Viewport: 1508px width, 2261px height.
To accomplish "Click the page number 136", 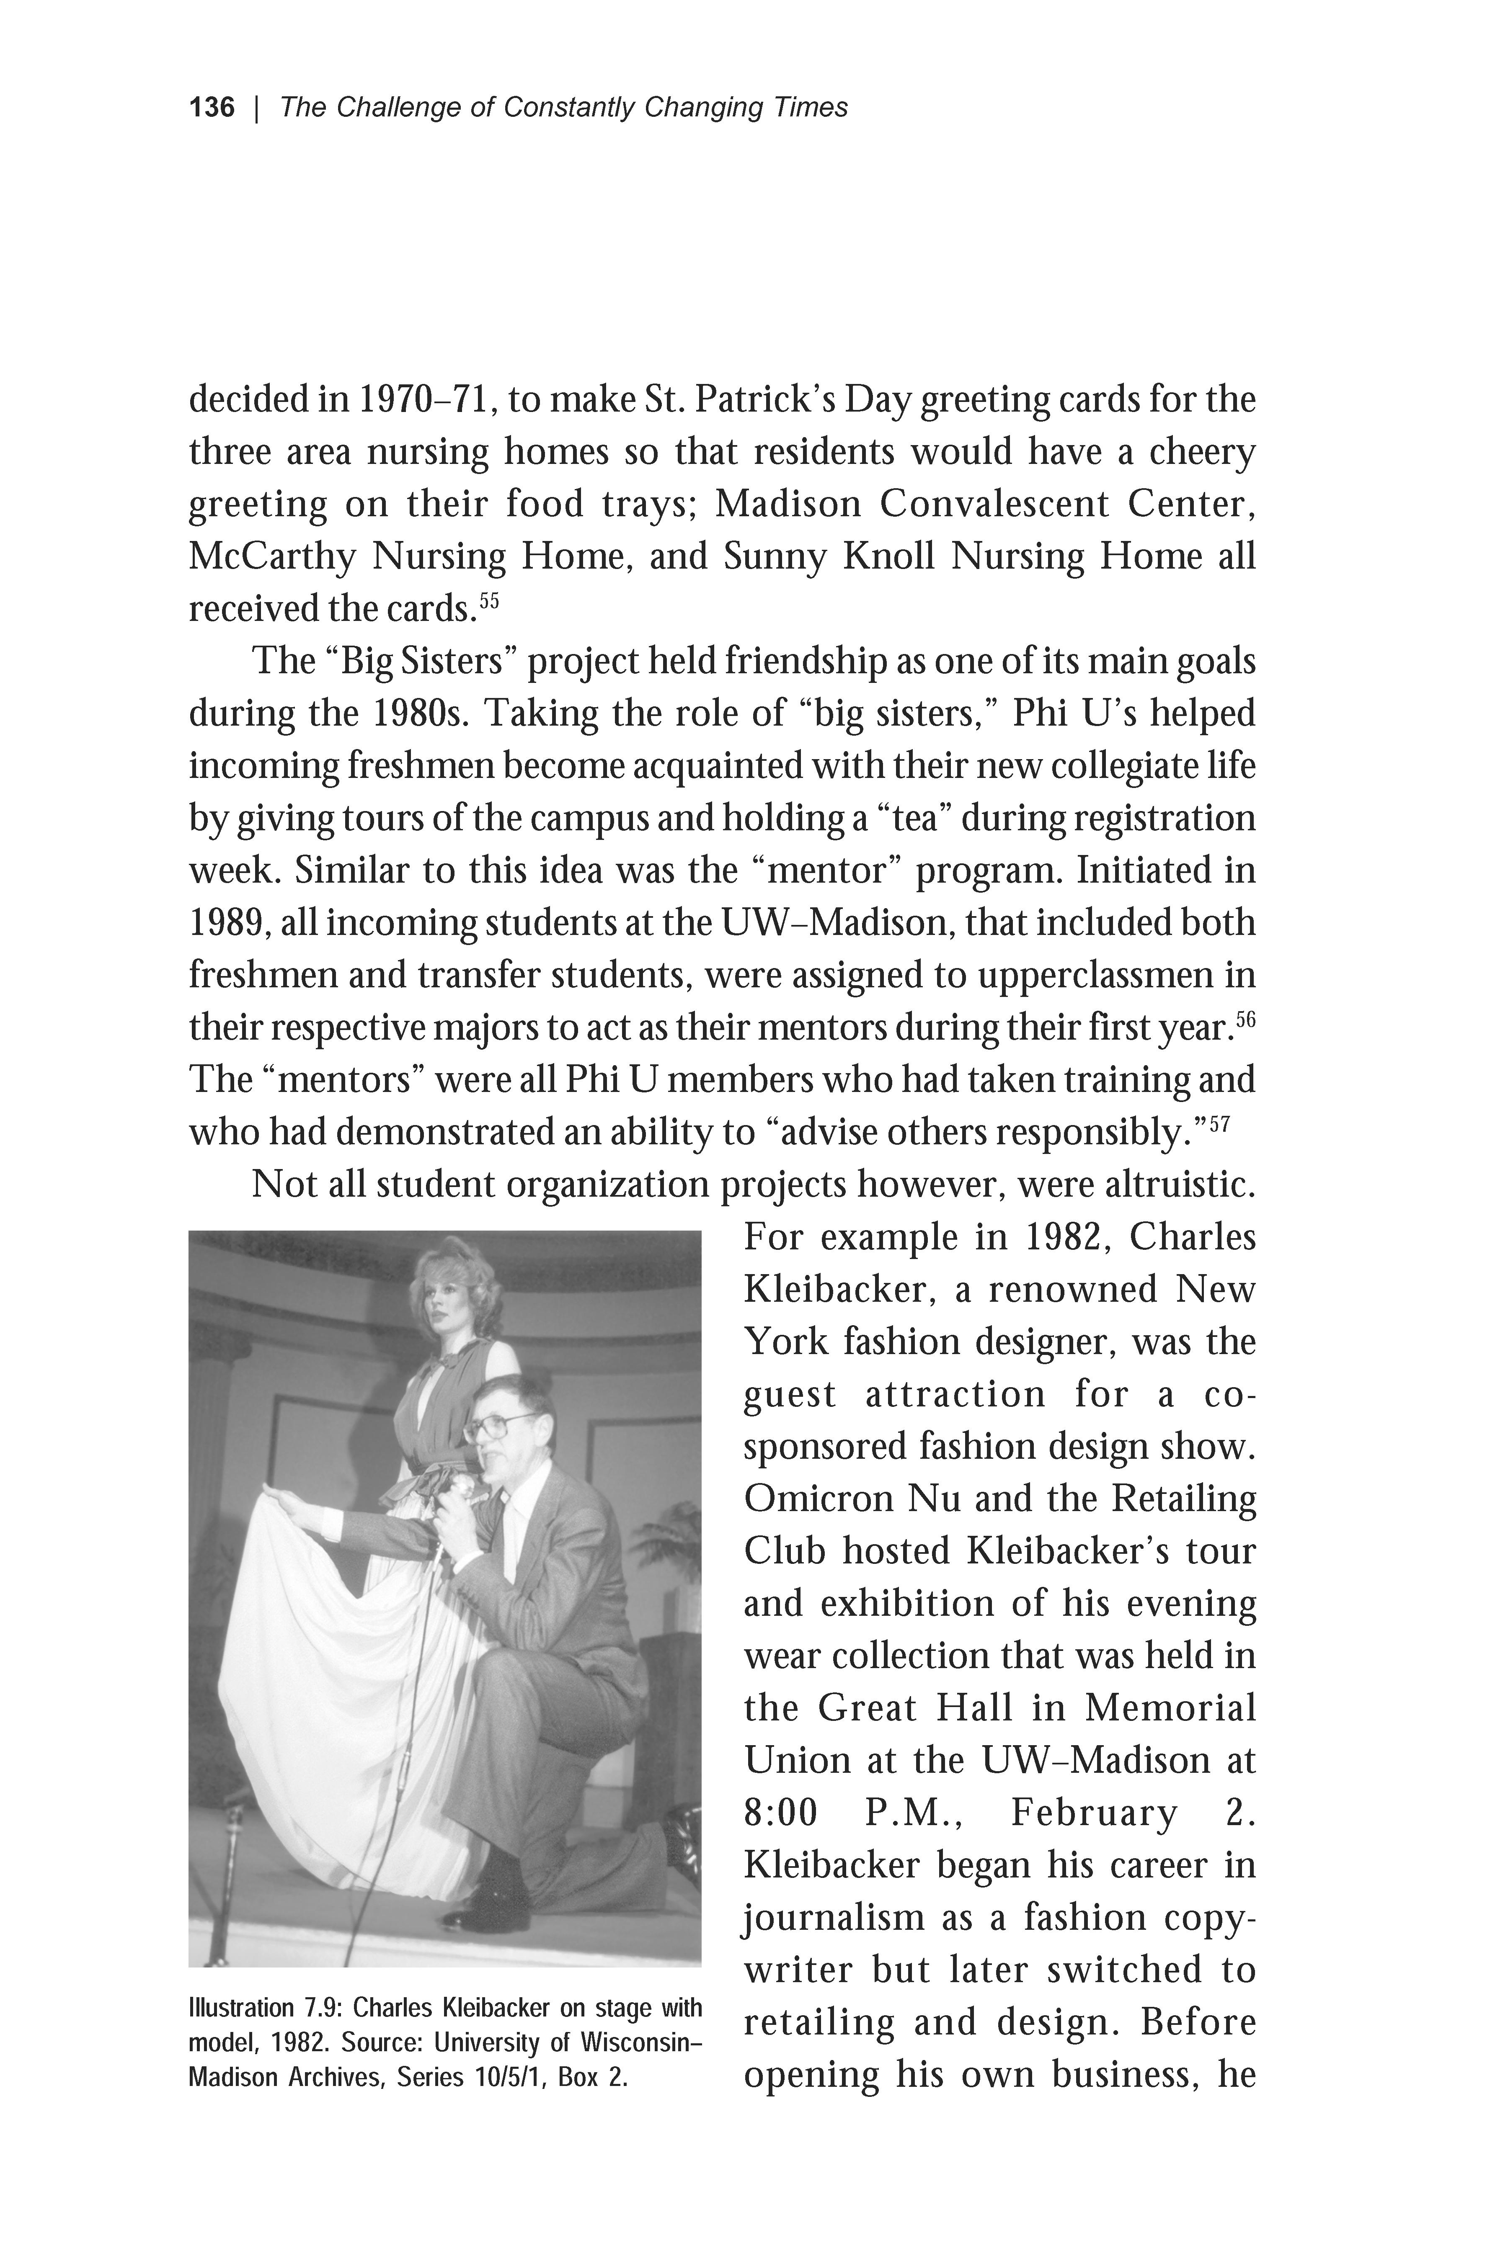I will pyautogui.click(x=212, y=108).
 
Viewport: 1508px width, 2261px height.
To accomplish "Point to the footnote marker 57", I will pyautogui.click(x=1219, y=1123).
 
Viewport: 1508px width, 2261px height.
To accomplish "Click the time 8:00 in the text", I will pyautogui.click(x=780, y=1813).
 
